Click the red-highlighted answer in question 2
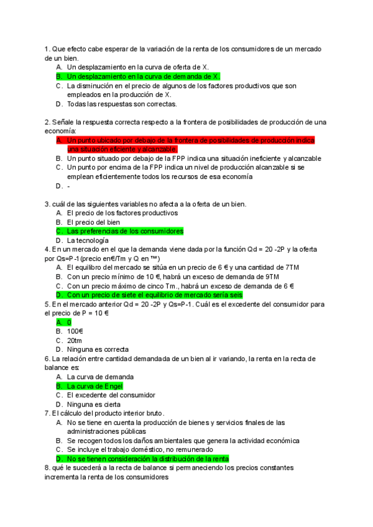click(186, 145)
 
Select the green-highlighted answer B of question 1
click(143, 76)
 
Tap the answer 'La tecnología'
click(88, 240)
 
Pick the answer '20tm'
click(75, 341)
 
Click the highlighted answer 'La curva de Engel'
click(94, 386)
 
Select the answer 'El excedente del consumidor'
click(111, 395)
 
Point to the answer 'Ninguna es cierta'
click(95, 404)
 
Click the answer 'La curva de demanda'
click(99, 377)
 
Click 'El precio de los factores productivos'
click(122, 213)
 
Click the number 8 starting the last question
click(47, 468)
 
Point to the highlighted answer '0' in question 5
click(69, 323)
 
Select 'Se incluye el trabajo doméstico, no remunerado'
click(142, 449)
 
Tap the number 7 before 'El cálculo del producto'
click(47, 413)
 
